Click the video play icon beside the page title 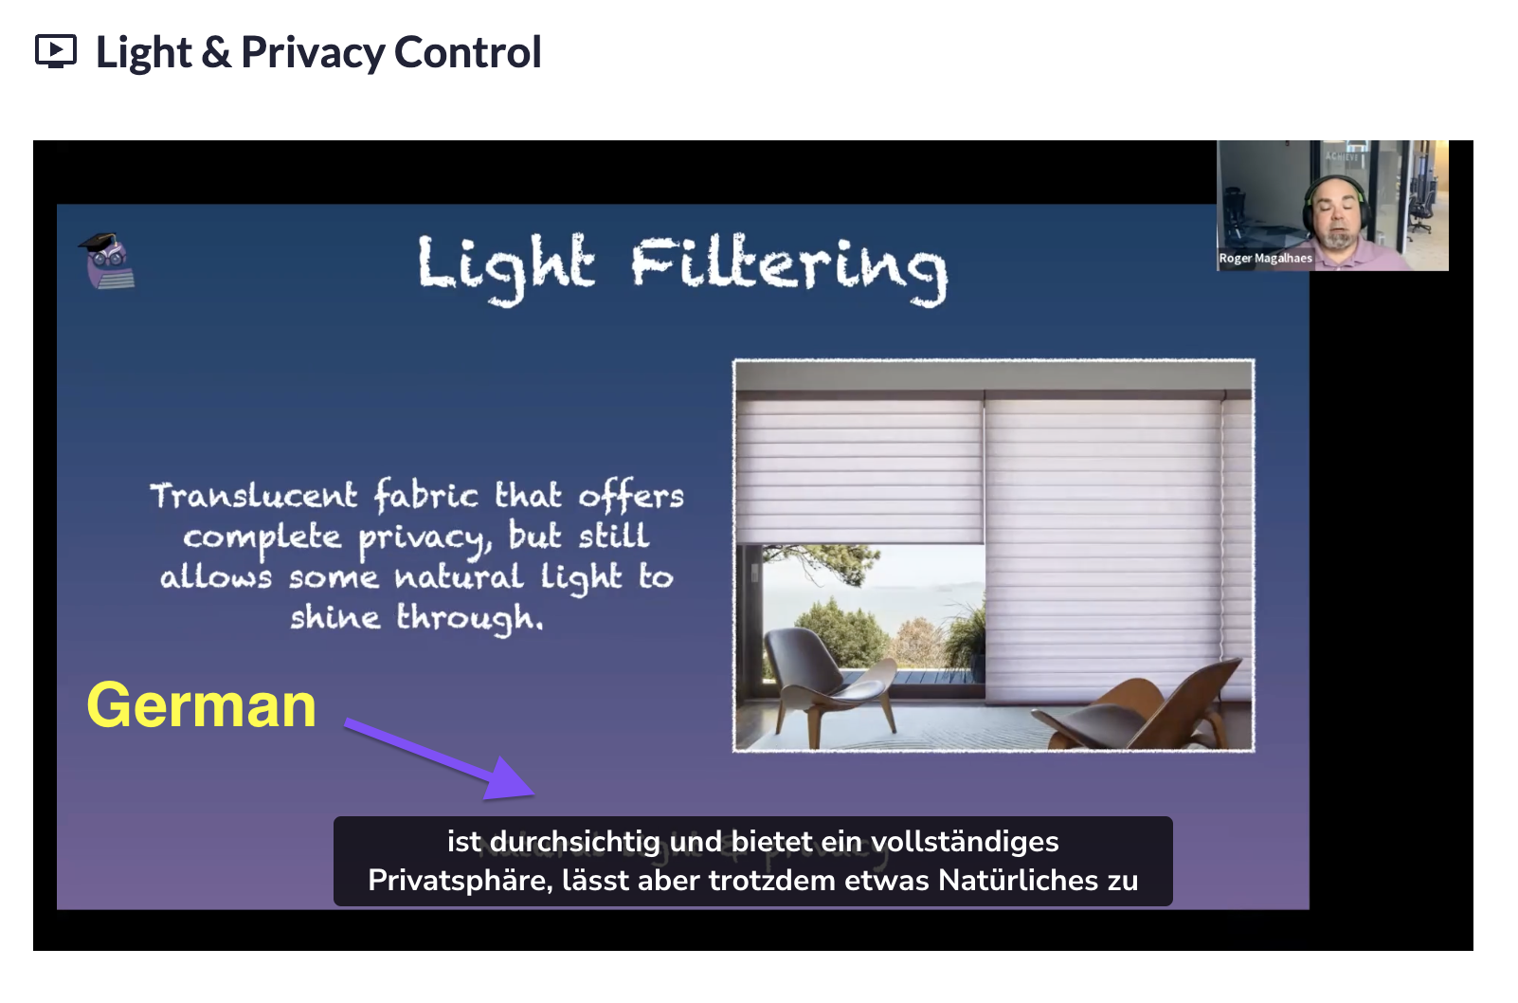pyautogui.click(x=56, y=51)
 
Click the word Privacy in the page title pyautogui.click(x=313, y=53)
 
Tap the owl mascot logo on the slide pyautogui.click(x=107, y=261)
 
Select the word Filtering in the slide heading pyautogui.click(x=789, y=269)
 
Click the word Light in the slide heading pyautogui.click(x=506, y=268)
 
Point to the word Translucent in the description pyautogui.click(x=253, y=496)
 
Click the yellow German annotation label pyautogui.click(x=201, y=706)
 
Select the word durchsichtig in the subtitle pyautogui.click(x=574, y=842)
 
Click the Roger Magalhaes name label pyautogui.click(x=1265, y=259)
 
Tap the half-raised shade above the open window pyautogui.click(x=860, y=470)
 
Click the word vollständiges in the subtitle pyautogui.click(x=965, y=842)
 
